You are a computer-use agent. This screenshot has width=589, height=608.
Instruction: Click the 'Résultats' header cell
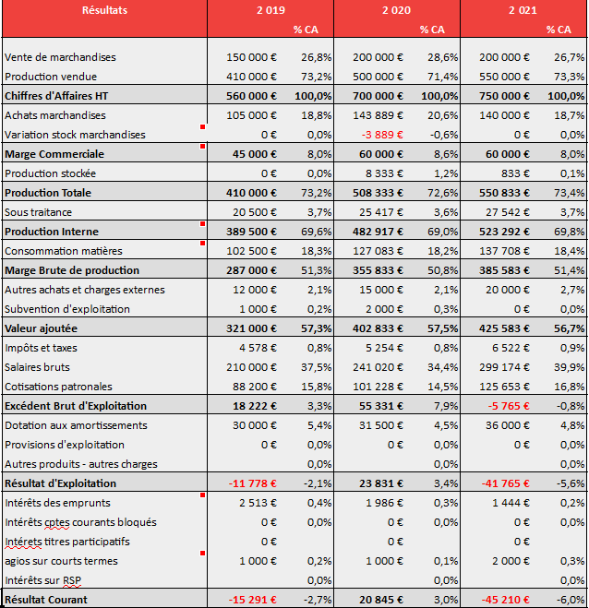[x=104, y=10]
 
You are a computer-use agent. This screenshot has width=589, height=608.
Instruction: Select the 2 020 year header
[x=396, y=10]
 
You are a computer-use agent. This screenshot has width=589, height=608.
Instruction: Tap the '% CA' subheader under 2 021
[x=559, y=30]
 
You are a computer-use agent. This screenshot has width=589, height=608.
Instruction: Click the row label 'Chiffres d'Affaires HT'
[x=56, y=96]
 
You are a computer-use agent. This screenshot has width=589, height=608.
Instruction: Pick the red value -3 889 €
[x=382, y=135]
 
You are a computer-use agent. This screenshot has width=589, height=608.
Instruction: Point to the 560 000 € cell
[x=251, y=96]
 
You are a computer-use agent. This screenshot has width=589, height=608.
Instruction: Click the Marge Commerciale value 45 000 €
[x=255, y=154]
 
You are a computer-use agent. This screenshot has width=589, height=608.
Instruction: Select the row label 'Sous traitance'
[x=38, y=212]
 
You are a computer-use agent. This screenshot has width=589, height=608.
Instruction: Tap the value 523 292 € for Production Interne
[x=504, y=232]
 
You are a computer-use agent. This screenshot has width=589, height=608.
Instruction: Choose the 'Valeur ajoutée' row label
[x=42, y=328]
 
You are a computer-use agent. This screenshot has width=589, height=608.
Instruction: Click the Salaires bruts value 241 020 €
[x=378, y=367]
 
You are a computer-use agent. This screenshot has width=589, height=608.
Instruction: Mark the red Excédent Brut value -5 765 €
[x=509, y=406]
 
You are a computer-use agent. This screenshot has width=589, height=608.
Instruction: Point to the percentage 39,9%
[x=570, y=367]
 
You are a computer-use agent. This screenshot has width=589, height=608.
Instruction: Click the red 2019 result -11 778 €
[x=253, y=483]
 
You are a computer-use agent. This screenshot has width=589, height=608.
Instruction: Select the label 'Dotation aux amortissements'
[x=76, y=425]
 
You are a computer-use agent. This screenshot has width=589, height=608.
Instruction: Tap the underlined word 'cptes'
[x=57, y=523]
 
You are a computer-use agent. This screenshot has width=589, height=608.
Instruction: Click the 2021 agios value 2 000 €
[x=511, y=561]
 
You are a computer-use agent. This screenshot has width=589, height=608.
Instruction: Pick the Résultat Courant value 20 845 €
[x=381, y=600]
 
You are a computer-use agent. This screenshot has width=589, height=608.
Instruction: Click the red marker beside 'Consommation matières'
[x=202, y=244]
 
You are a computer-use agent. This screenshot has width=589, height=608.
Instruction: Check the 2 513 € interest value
[x=258, y=503]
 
